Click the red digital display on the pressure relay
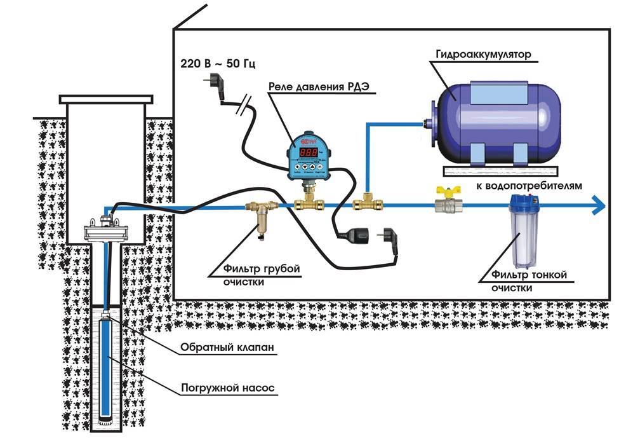pos(309,153)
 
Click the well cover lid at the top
pos(106,99)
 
